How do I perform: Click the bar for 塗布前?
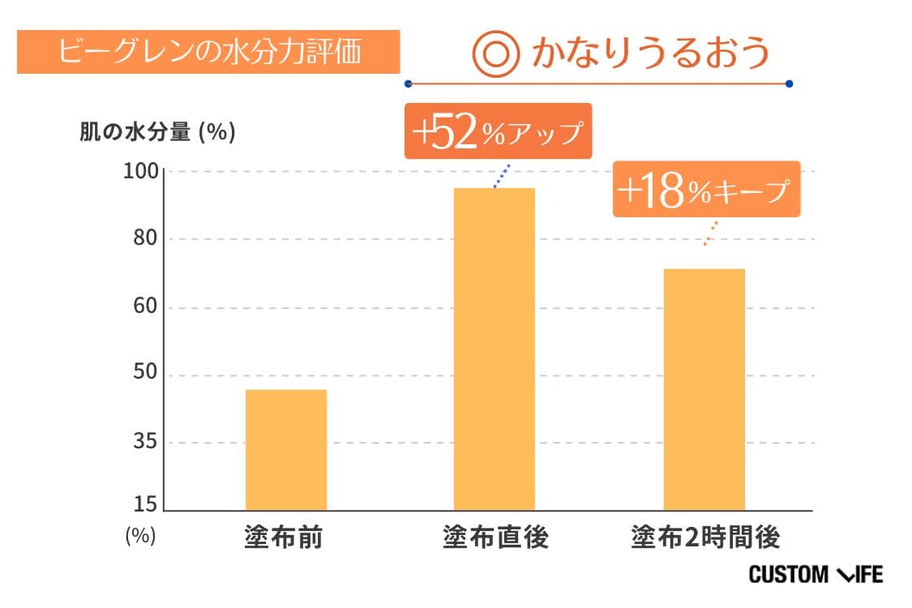click(285, 450)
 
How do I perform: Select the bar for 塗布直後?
click(494, 349)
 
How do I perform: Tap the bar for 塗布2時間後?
click(704, 389)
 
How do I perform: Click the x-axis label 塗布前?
click(283, 537)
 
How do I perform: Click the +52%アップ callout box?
click(498, 131)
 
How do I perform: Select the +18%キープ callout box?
click(705, 190)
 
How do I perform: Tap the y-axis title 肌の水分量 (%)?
click(157, 132)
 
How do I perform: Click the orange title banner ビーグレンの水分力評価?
click(208, 52)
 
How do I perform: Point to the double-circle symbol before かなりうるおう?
click(495, 54)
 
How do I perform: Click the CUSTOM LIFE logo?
click(816, 575)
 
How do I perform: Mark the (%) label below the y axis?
click(139, 536)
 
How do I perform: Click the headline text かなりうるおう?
click(650, 54)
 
